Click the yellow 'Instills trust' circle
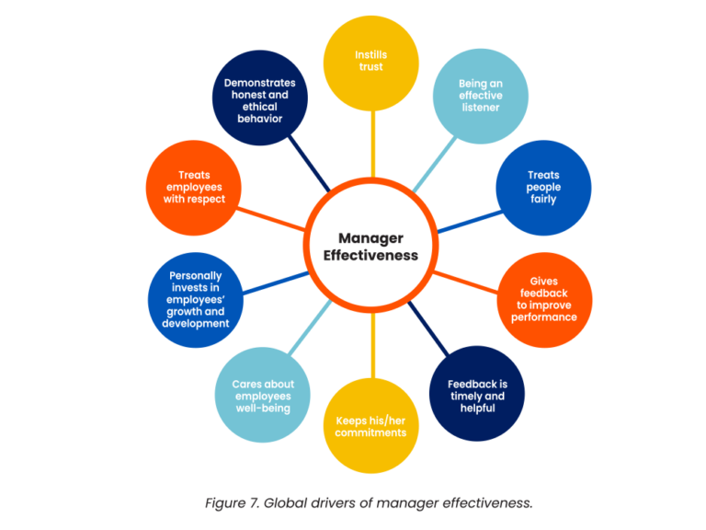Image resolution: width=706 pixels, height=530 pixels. coord(370,62)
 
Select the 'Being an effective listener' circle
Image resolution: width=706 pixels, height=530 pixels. coord(480,96)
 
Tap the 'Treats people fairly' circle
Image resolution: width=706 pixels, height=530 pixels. coord(543,187)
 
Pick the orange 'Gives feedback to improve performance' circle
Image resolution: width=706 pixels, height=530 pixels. coord(544,300)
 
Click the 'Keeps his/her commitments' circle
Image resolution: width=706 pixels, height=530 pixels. coord(370,426)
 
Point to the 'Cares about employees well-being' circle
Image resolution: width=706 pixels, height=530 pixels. coord(261,394)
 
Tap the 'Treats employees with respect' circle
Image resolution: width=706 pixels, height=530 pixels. coord(195,187)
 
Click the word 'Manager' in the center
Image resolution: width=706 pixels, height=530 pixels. coord(370,236)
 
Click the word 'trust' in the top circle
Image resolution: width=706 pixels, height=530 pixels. coord(370,69)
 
